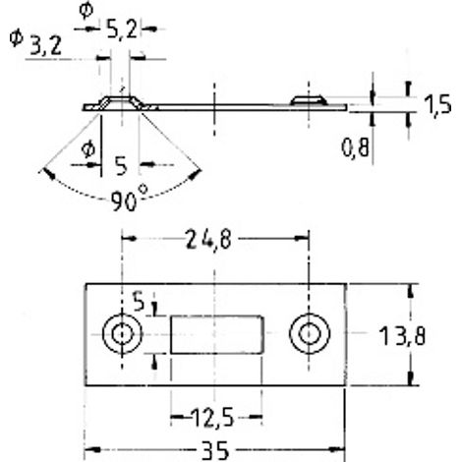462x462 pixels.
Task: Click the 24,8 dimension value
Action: tap(208, 240)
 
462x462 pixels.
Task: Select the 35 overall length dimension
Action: tap(215, 451)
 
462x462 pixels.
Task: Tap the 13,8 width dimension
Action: tap(402, 336)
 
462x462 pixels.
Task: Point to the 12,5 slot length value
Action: tap(212, 418)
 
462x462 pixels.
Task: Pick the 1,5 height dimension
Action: tap(437, 105)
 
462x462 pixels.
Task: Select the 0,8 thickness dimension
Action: tap(355, 147)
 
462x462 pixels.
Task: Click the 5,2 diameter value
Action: tap(122, 30)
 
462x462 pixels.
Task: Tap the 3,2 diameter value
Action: tap(46, 46)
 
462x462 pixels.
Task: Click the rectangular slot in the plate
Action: tap(217, 334)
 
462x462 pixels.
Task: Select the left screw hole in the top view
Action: tap(123, 333)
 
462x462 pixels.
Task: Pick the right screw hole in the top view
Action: tap(310, 333)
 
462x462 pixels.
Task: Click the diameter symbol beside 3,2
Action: tap(16, 37)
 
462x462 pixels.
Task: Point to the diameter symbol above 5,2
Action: tap(86, 10)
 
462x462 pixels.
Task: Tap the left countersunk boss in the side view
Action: tap(121, 102)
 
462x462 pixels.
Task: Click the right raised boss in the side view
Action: tap(309, 100)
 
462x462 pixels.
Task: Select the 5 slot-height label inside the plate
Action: tap(139, 301)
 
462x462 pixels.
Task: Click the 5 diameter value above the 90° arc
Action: tap(121, 166)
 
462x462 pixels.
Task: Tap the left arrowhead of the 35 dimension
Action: tap(92, 450)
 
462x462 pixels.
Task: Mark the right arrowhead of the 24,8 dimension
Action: tap(302, 239)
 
